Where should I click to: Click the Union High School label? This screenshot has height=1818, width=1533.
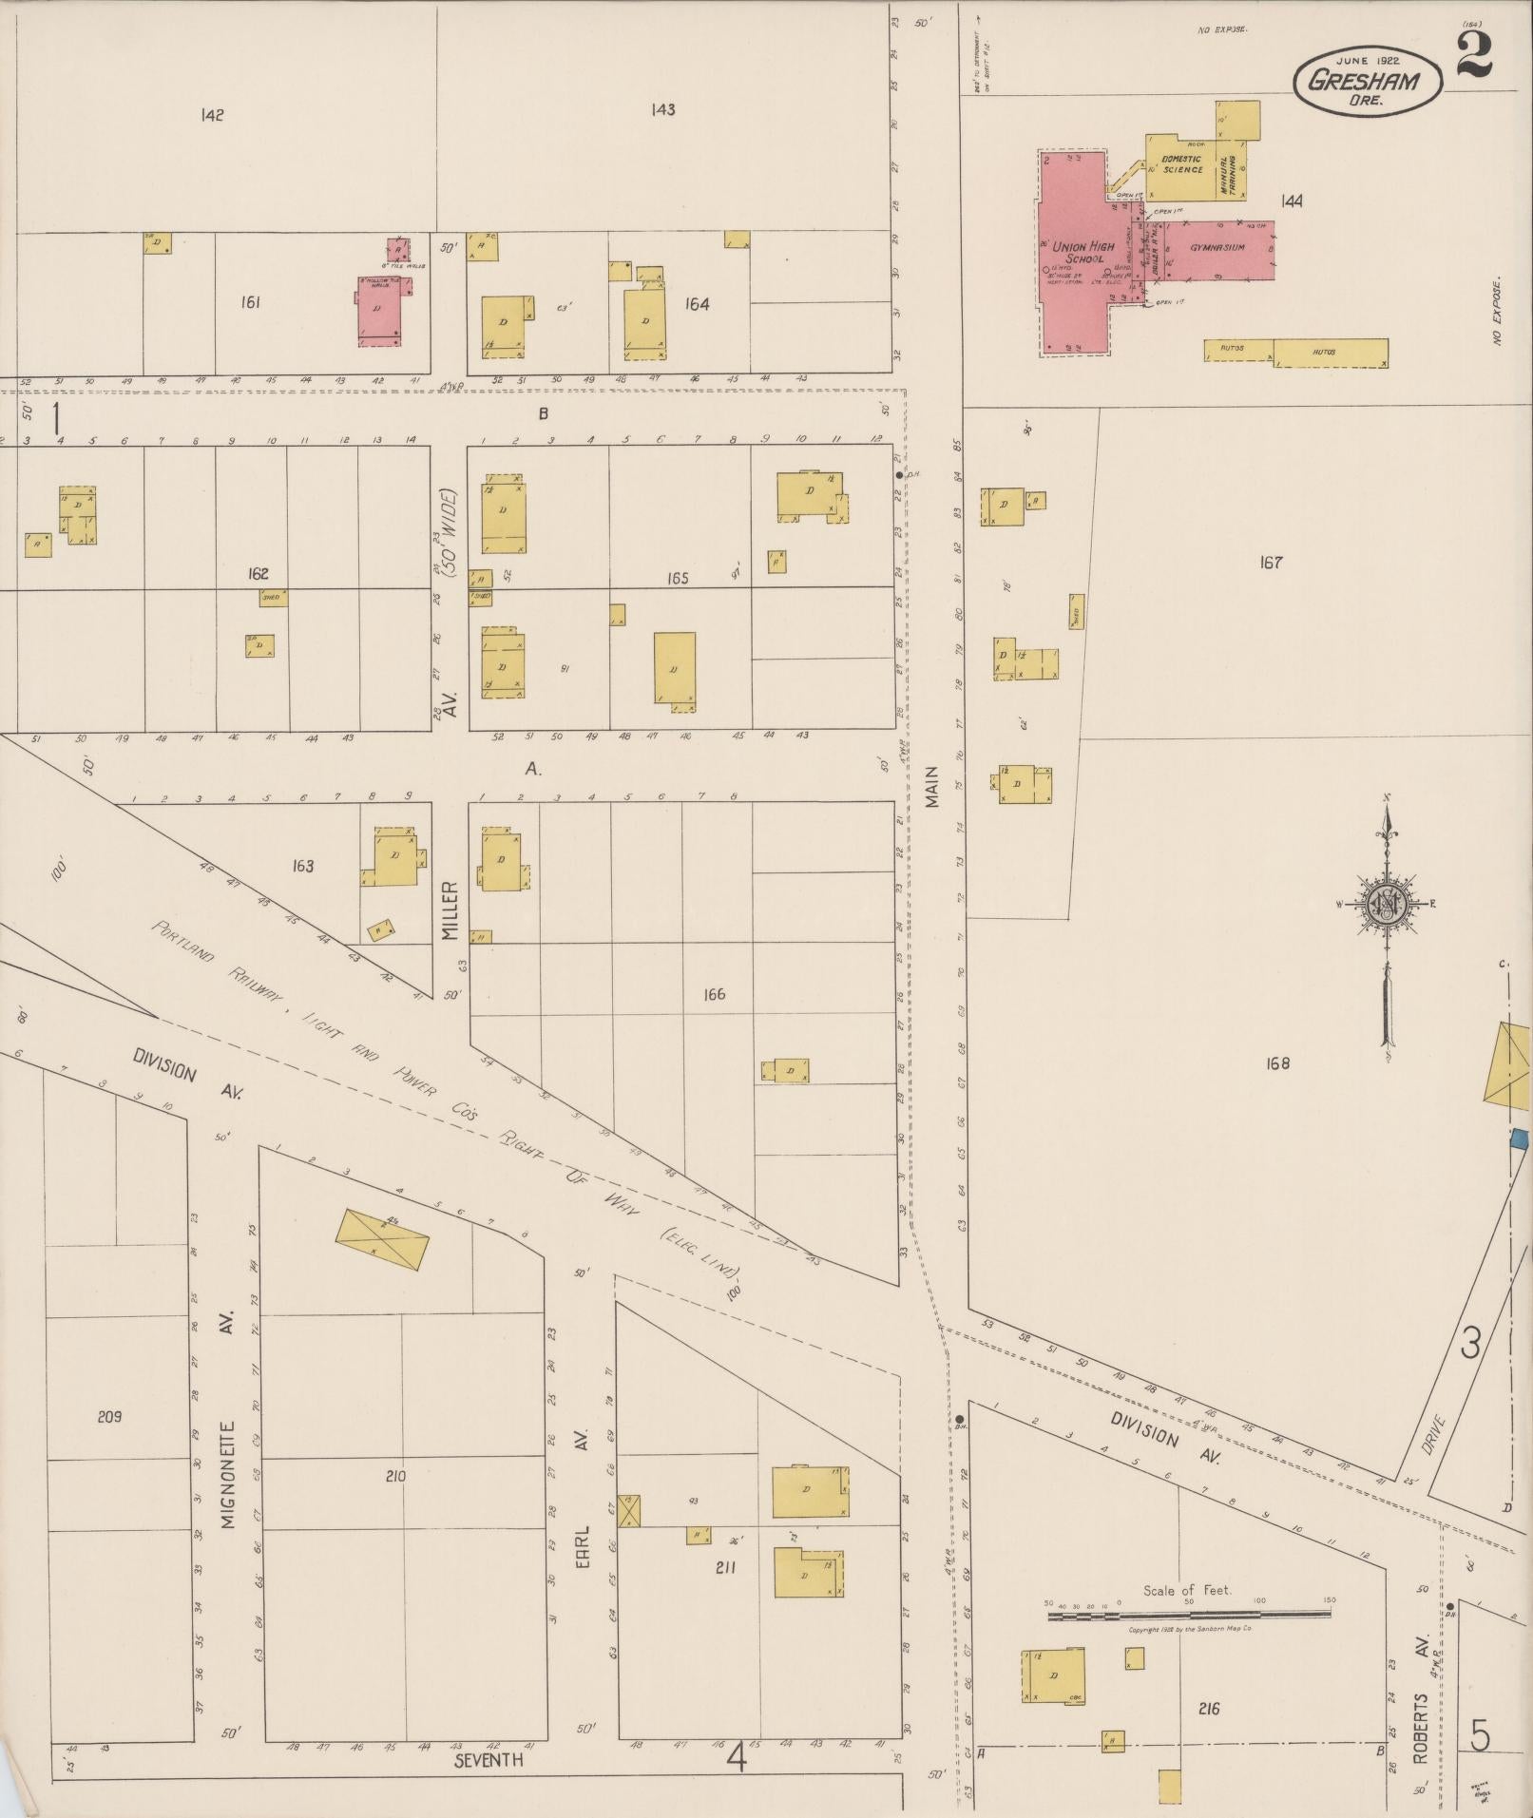(1083, 252)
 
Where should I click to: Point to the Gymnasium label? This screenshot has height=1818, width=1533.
(1217, 247)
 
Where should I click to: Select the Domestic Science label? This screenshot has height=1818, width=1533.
(1181, 164)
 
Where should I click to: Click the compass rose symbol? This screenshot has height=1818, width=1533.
(1387, 902)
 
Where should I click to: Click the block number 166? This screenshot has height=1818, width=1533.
(714, 994)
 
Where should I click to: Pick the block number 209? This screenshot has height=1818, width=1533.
(109, 1416)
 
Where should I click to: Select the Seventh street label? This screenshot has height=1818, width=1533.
(489, 1760)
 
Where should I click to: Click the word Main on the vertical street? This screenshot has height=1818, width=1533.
(932, 787)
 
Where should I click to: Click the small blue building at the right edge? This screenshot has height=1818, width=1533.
(1520, 1138)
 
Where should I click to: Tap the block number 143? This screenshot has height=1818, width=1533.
(662, 110)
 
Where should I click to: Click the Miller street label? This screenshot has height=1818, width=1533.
(450, 910)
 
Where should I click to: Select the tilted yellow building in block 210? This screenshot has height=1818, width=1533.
(382, 1238)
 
